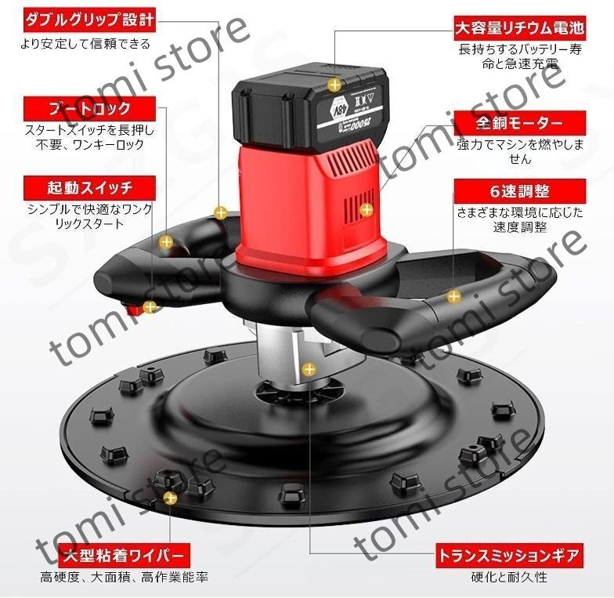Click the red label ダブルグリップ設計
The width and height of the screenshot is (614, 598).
tap(89, 18)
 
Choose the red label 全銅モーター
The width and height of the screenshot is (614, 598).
tap(520, 124)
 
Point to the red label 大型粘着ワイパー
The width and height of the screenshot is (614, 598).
tap(123, 556)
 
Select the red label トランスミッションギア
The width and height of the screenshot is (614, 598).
tap(510, 556)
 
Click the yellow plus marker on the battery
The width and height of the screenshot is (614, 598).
tap(335, 83)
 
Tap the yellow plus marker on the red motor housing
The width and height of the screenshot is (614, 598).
tap(366, 209)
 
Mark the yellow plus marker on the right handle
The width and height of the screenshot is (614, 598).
tap(453, 296)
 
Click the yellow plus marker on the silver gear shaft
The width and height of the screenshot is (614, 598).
tap(311, 367)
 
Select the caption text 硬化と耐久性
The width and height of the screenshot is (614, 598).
tap(510, 578)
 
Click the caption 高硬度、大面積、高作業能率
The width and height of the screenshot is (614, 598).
tap(124, 578)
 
